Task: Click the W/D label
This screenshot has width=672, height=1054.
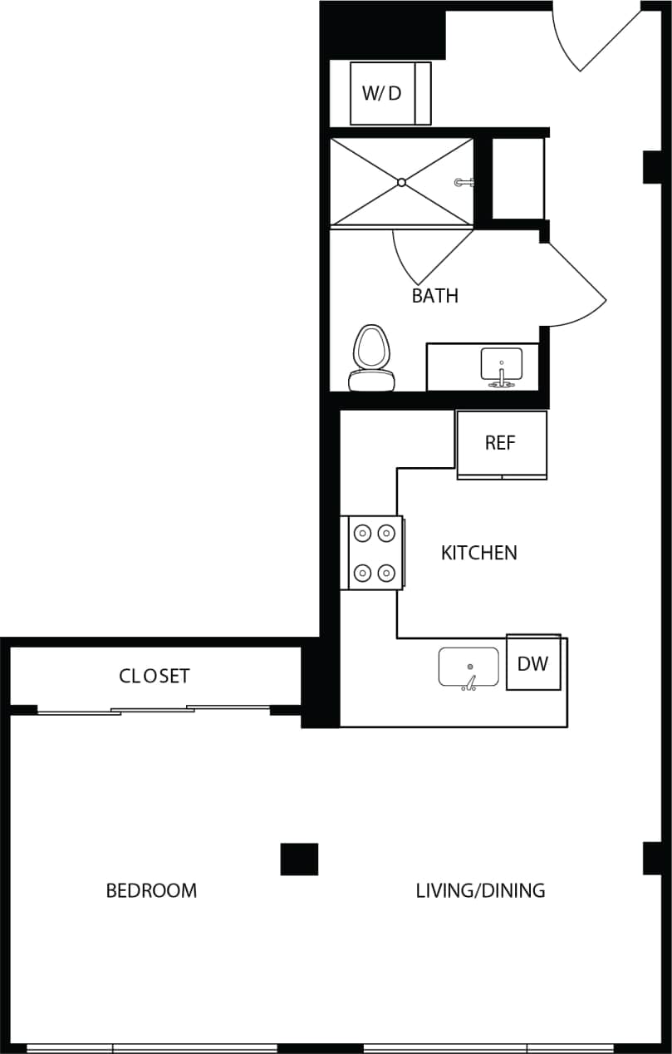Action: click(x=381, y=93)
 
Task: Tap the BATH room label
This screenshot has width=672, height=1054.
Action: click(x=434, y=296)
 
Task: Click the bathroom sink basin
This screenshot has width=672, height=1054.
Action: click(x=502, y=363)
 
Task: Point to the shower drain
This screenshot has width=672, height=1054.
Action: click(x=401, y=182)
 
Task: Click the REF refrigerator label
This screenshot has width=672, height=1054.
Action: click(x=501, y=442)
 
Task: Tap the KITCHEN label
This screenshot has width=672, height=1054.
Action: click(x=478, y=553)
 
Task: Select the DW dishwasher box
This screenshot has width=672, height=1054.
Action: click(x=532, y=663)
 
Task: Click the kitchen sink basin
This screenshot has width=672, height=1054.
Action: click(x=468, y=667)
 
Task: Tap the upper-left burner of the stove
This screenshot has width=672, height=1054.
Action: click(x=363, y=532)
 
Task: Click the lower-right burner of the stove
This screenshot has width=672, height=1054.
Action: click(x=386, y=573)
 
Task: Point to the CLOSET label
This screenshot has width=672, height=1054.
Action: click(x=155, y=676)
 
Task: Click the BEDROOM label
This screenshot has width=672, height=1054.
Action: click(x=151, y=891)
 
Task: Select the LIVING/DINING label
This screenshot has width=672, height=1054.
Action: click(x=480, y=891)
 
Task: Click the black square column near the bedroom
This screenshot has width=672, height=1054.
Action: click(x=299, y=859)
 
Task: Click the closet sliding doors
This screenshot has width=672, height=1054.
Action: click(x=154, y=710)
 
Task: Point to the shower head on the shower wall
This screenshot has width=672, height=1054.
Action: click(x=464, y=182)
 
